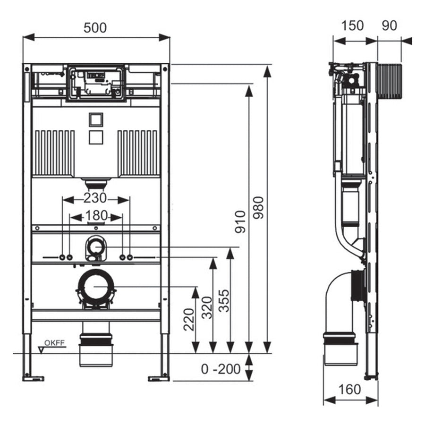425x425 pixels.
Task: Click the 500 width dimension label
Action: (95, 27)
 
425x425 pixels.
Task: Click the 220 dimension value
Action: (189, 320)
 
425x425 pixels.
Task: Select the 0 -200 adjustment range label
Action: (221, 369)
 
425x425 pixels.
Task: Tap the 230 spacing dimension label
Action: (96, 198)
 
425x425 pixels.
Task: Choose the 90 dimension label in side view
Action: (389, 25)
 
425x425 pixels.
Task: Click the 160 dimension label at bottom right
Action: (349, 390)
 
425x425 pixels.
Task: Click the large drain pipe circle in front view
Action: (96, 287)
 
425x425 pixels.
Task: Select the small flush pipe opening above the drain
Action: (96, 246)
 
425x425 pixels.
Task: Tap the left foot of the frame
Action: (33, 378)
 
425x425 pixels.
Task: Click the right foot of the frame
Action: (159, 378)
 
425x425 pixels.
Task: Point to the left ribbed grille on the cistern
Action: (53, 153)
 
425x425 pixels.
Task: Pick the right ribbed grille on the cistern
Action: (138, 153)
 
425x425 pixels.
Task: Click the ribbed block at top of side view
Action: (390, 82)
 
